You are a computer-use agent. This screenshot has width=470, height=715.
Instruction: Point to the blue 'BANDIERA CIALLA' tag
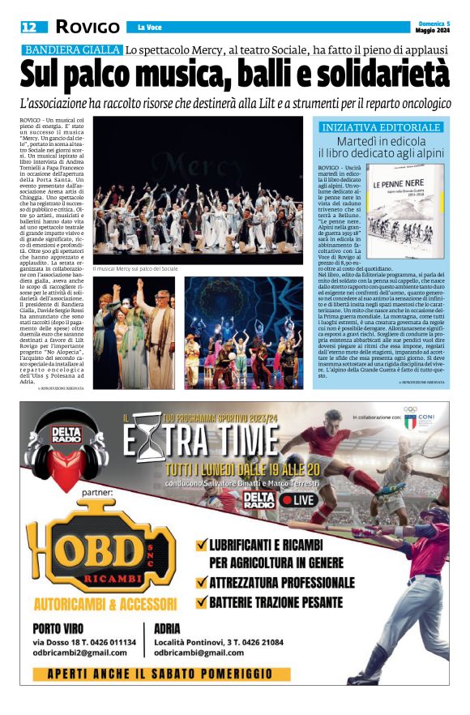72,50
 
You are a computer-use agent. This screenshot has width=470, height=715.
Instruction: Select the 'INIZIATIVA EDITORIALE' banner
380,127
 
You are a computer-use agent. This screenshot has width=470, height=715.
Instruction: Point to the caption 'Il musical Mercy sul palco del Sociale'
135,268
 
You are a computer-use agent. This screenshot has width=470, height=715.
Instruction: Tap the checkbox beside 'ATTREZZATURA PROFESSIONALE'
202,582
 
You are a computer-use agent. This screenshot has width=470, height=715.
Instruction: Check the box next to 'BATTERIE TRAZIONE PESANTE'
202,602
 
